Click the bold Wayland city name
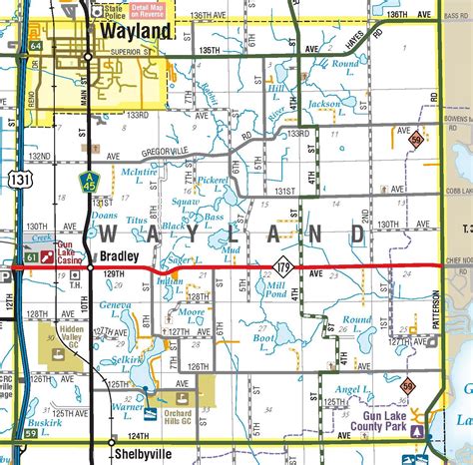point(137,31)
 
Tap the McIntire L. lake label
point(139,176)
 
